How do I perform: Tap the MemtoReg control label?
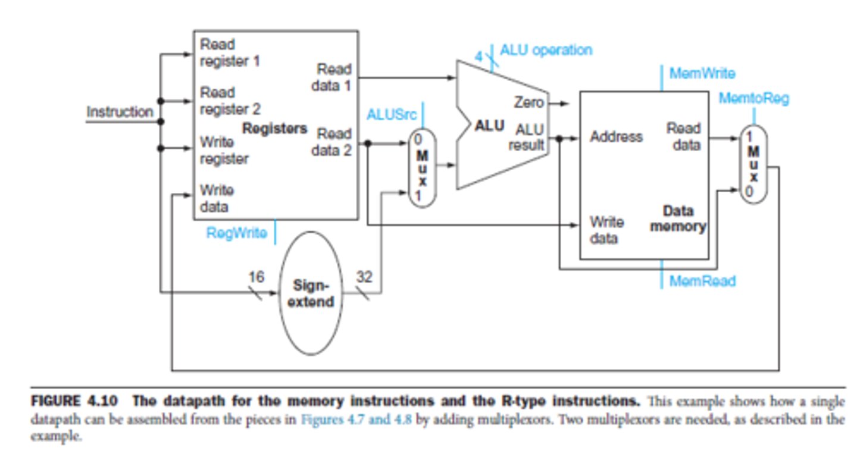(x=753, y=98)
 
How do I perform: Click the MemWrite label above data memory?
(x=702, y=74)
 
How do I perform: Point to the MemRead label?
(x=702, y=280)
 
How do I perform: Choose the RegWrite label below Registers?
(x=236, y=233)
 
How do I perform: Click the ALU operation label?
(x=546, y=50)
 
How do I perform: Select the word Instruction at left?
(x=120, y=112)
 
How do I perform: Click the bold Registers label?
(x=275, y=128)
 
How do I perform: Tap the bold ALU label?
(x=489, y=126)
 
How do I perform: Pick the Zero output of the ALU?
(x=528, y=103)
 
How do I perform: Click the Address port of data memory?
(x=616, y=137)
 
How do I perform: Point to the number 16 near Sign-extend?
(x=257, y=277)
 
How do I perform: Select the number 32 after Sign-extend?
(x=364, y=277)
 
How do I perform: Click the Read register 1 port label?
(x=230, y=52)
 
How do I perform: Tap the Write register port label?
(x=224, y=151)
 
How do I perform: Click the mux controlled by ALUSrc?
(x=422, y=168)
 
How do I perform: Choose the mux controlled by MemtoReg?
(x=753, y=165)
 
